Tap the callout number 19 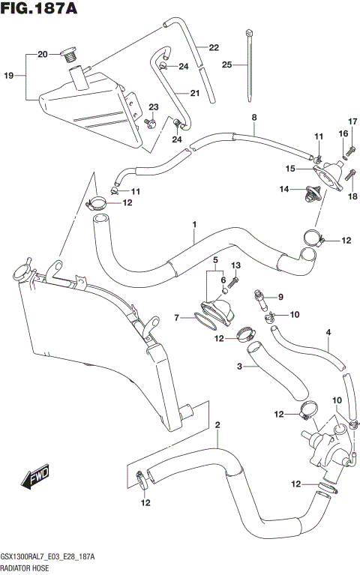point(9,76)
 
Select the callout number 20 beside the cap point(42,54)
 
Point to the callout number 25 point(227,65)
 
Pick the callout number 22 point(214,48)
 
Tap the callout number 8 point(253,118)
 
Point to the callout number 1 point(194,224)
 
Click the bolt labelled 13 point(233,283)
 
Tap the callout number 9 point(281,296)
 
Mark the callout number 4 point(328,331)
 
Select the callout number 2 point(217,427)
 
